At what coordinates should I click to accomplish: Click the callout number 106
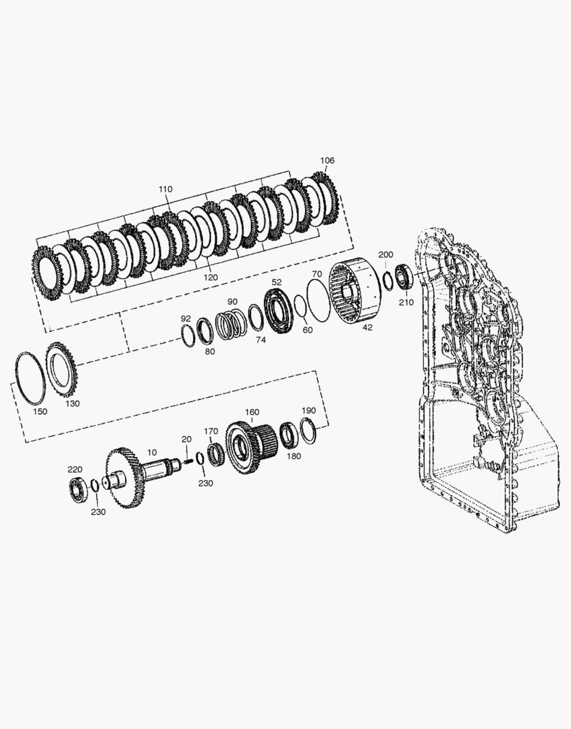327,161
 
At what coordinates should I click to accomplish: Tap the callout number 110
165,189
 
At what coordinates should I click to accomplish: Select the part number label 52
277,282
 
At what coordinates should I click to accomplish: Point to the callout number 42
367,327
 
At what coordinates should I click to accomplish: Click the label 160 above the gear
252,412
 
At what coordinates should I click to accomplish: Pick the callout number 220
75,469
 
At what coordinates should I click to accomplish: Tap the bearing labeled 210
404,277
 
